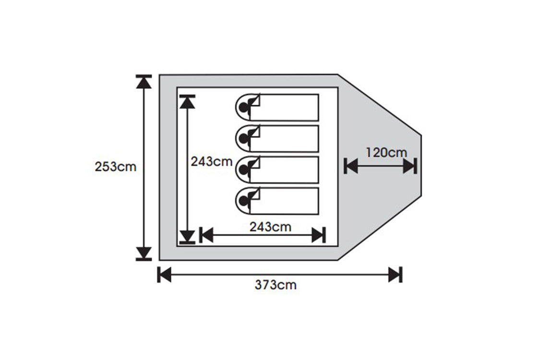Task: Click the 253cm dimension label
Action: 116,168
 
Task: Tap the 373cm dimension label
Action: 276,285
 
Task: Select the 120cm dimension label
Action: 386,153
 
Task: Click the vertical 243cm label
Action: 212,162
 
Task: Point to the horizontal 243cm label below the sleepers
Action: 270,227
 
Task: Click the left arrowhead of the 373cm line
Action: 165,275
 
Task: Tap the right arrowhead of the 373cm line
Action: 395,275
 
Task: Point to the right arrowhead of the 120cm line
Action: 409,167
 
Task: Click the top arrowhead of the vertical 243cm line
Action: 187,102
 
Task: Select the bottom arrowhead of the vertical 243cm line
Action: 187,236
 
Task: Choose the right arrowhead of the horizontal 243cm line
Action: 318,235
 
